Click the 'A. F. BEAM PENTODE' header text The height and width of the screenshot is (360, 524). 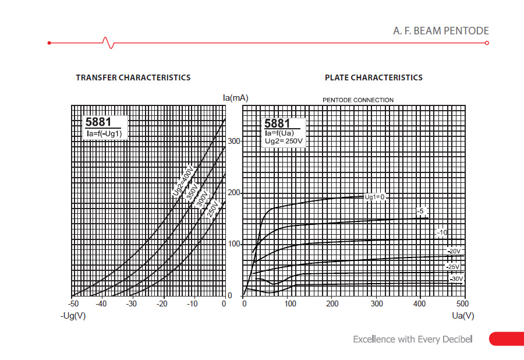(x=441, y=31)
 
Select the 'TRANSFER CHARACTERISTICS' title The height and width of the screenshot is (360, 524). (x=133, y=77)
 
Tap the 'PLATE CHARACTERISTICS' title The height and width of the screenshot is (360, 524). (x=374, y=77)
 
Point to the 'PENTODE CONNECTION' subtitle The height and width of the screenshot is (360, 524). (x=358, y=100)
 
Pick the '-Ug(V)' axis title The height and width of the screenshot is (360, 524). (x=73, y=316)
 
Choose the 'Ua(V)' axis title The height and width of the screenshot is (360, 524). (x=463, y=316)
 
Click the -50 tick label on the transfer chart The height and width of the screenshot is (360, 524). (x=73, y=304)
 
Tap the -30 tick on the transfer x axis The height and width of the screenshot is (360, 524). (x=132, y=304)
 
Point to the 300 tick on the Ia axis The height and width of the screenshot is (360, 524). (x=233, y=142)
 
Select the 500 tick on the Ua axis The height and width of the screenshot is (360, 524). (x=463, y=304)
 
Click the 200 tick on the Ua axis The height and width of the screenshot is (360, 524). (x=332, y=304)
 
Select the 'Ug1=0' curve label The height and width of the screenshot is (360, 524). (x=375, y=197)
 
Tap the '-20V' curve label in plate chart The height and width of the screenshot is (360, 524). (x=454, y=251)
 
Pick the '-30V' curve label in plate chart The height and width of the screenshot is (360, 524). (x=456, y=279)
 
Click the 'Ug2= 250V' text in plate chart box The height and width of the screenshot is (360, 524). (x=284, y=141)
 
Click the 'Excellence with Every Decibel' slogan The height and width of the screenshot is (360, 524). (x=412, y=339)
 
